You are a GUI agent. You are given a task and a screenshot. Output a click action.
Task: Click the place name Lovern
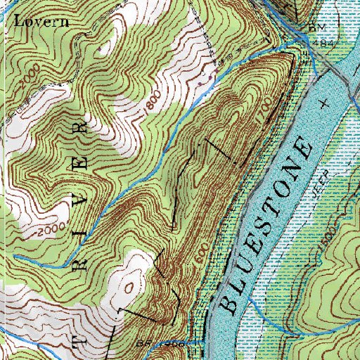(x=41, y=20)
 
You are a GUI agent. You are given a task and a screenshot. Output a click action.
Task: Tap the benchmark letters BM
(x=314, y=27)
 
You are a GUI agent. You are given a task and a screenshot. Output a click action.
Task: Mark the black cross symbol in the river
(x=323, y=103)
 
